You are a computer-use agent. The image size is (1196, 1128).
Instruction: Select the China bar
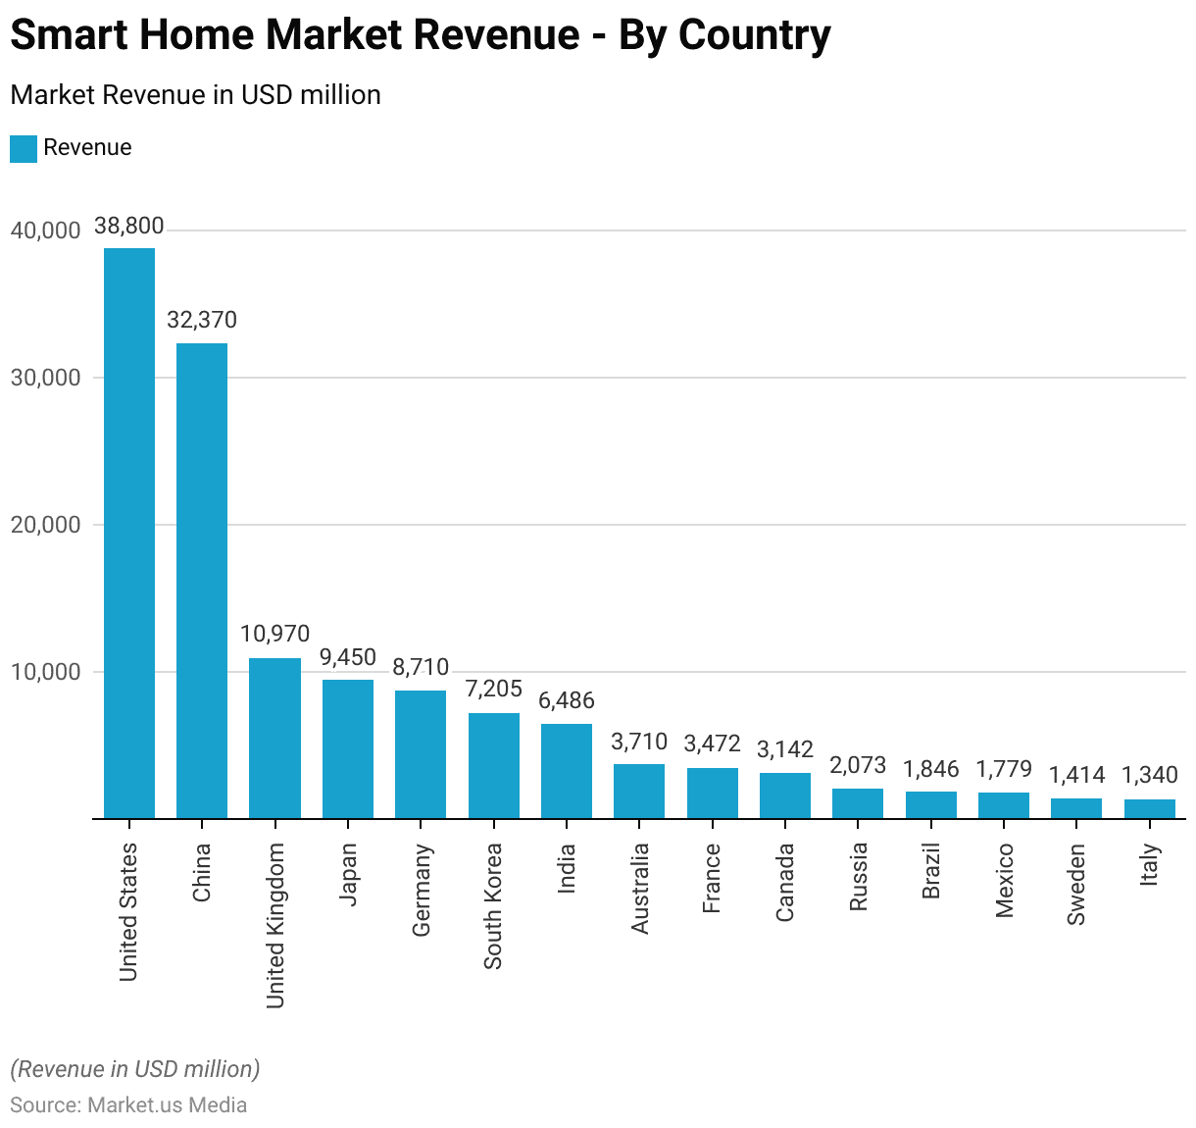202,580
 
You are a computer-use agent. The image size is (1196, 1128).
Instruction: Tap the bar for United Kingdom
274,738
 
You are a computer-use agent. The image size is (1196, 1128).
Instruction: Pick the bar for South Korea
494,765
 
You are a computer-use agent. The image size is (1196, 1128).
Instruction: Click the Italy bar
1150,808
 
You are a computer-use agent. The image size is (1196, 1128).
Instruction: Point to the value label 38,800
129,226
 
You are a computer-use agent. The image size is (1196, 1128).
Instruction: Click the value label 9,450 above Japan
348,657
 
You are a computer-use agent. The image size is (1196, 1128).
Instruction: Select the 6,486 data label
567,700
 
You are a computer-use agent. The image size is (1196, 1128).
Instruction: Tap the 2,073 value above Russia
858,765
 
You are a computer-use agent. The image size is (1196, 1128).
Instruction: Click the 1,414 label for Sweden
1076,775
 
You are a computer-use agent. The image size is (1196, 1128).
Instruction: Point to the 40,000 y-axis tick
45,231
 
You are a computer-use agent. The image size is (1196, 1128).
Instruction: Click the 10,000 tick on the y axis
45,672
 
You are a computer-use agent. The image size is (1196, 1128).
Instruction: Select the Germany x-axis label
422,890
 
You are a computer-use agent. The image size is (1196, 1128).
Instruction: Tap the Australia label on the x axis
640,888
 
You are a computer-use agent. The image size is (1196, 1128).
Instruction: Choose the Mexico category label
1005,880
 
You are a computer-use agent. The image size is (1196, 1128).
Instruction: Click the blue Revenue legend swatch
24,148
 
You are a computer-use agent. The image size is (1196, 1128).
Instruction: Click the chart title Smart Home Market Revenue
421,34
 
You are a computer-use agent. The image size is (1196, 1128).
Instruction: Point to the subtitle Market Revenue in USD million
195,95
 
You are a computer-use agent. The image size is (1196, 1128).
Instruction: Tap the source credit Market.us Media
128,1104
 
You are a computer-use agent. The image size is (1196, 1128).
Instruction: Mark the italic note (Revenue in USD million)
135,1068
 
